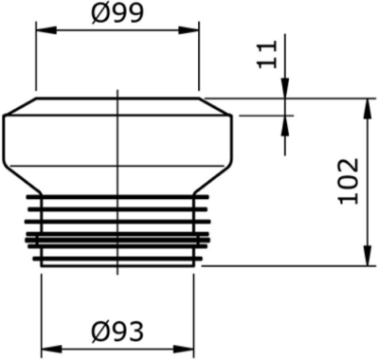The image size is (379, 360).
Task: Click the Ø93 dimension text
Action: pyautogui.click(x=117, y=331)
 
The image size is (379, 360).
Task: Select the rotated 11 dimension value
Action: pyautogui.click(x=272, y=56)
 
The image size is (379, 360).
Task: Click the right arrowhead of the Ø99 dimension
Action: pyautogui.click(x=191, y=29)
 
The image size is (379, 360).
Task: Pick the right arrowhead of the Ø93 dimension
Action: pyautogui.click(x=188, y=347)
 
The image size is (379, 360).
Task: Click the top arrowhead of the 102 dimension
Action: pyautogui.click(x=366, y=104)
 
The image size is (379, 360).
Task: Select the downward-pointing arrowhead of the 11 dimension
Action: pyautogui.click(x=285, y=91)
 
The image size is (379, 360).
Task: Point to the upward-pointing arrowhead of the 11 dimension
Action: pyautogui.click(x=285, y=123)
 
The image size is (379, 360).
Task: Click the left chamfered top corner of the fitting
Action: pyautogui.click(x=20, y=105)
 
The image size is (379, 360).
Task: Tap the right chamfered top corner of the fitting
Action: pyautogui.click(x=216, y=105)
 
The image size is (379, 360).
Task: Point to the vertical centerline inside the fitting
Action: pyautogui.click(x=117, y=142)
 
